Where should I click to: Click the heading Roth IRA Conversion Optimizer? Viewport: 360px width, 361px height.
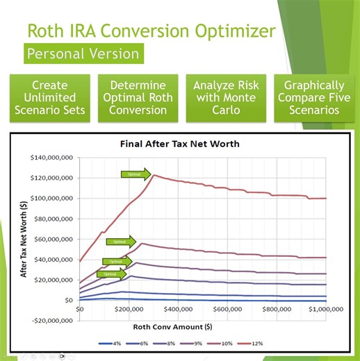click(x=150, y=30)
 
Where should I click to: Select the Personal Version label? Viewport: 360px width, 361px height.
click(x=81, y=53)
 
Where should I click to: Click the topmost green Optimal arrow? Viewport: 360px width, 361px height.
click(x=136, y=175)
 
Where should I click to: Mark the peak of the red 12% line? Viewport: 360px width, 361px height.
click(x=154, y=175)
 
